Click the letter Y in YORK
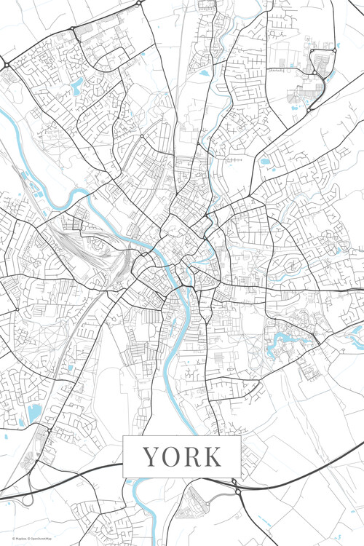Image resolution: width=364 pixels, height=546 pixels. click(150, 456)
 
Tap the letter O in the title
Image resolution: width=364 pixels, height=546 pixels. click(170, 456)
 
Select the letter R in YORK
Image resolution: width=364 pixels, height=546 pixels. click(191, 456)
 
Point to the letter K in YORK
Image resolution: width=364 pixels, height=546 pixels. click(212, 456)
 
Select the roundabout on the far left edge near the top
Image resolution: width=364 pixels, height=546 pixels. click(6, 65)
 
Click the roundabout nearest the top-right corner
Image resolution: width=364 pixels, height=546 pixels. click(334, 51)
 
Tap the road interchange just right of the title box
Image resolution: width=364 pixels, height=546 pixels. click(236, 486)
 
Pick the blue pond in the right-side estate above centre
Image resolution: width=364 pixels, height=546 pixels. click(264, 161)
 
